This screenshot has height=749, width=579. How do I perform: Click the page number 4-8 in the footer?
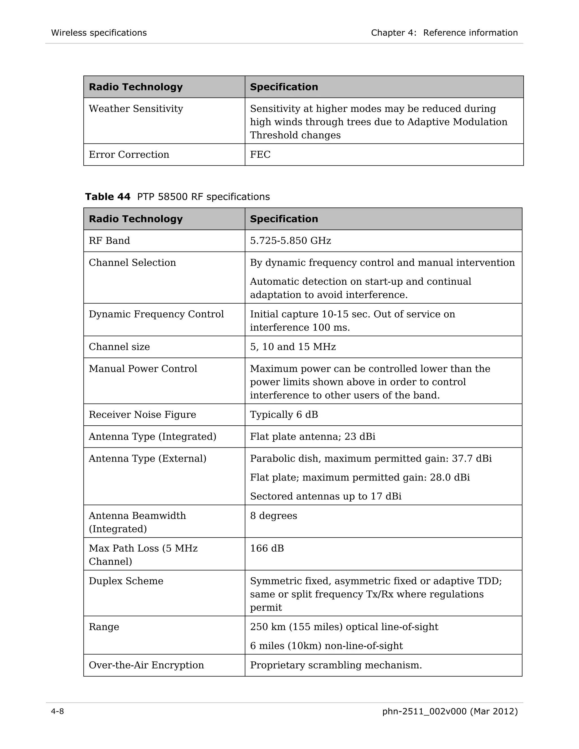point(57,712)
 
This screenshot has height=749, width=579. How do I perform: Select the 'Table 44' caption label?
point(108,197)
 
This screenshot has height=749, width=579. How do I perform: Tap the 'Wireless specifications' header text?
point(99,33)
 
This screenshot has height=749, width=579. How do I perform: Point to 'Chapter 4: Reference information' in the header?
point(444,33)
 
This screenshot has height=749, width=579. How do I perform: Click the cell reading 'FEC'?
point(260,155)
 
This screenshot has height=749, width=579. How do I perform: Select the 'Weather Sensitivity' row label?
point(136,109)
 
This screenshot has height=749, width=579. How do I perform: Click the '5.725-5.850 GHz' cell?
point(290,241)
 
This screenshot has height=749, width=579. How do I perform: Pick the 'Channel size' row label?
point(119,347)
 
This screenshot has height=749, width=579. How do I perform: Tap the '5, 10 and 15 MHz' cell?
point(293,347)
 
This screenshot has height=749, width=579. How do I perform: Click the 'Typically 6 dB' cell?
point(284,415)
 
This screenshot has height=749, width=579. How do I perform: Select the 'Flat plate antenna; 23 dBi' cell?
point(312,437)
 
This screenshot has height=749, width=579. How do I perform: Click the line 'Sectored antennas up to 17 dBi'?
point(325,496)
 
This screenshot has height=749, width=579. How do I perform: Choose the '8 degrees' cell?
point(273,516)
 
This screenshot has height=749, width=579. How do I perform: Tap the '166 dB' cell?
point(267,548)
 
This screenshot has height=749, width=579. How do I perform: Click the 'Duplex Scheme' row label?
point(126,581)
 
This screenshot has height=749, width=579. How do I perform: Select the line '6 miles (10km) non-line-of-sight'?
point(326,646)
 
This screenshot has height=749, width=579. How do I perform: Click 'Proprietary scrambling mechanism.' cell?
point(336,665)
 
